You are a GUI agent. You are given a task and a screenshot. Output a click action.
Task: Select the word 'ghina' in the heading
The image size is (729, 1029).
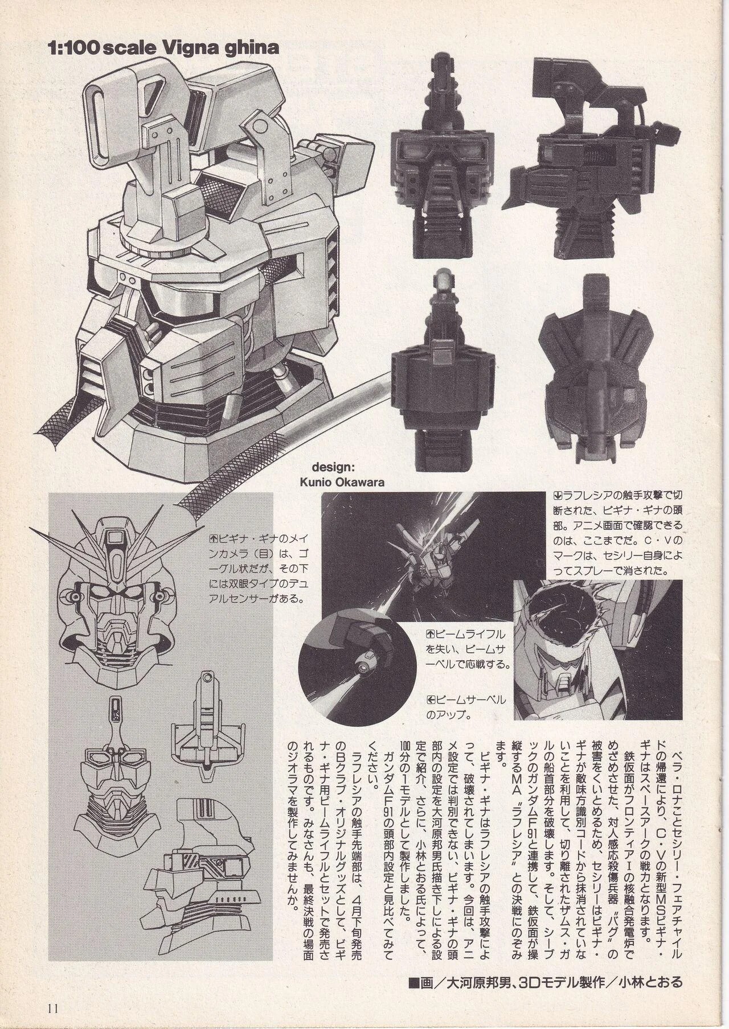[253, 49]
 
